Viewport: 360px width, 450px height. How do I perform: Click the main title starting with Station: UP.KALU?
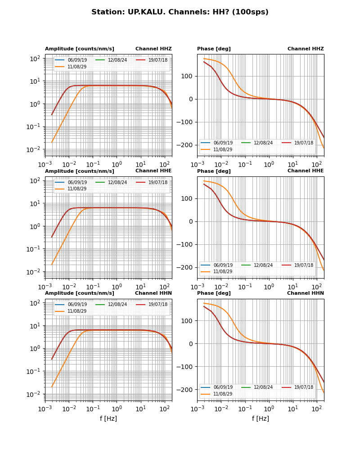[x=180, y=12]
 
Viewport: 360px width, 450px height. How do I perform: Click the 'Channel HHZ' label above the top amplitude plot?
[x=153, y=49]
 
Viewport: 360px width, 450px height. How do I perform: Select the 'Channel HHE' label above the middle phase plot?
[x=306, y=171]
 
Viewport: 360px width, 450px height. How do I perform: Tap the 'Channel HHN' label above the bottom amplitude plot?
[x=153, y=293]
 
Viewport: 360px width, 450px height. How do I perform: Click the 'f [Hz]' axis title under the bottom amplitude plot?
[x=108, y=418]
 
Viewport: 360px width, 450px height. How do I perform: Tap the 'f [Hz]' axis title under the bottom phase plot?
[x=261, y=418]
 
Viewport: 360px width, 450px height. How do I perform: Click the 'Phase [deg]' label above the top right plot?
[x=214, y=49]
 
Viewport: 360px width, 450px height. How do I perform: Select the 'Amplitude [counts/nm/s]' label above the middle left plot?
[x=80, y=171]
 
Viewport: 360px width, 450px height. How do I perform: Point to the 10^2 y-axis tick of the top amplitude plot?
[x=36, y=58]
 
